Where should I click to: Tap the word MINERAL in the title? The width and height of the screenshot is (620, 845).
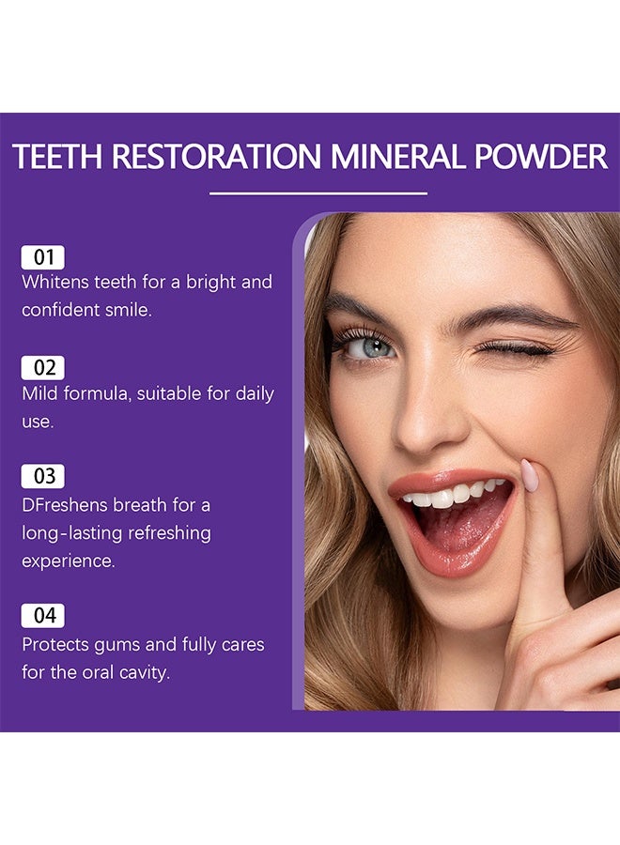pyautogui.click(x=391, y=158)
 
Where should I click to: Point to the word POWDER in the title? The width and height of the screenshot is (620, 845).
pyautogui.click(x=539, y=158)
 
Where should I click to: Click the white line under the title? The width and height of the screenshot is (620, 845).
pyautogui.click(x=318, y=193)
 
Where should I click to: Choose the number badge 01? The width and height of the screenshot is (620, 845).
pyautogui.click(x=43, y=257)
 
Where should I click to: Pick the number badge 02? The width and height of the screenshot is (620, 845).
pyautogui.click(x=43, y=368)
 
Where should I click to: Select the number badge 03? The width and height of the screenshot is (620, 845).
pyautogui.click(x=43, y=476)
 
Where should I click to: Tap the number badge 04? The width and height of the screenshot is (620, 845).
pyautogui.click(x=44, y=616)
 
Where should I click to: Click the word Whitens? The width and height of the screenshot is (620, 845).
pyautogui.click(x=54, y=282)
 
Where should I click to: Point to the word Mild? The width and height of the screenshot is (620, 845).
pyautogui.click(x=39, y=393)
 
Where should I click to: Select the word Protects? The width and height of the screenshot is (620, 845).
pyautogui.click(x=58, y=645)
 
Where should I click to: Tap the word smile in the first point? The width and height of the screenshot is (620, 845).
pyautogui.click(x=128, y=310)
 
